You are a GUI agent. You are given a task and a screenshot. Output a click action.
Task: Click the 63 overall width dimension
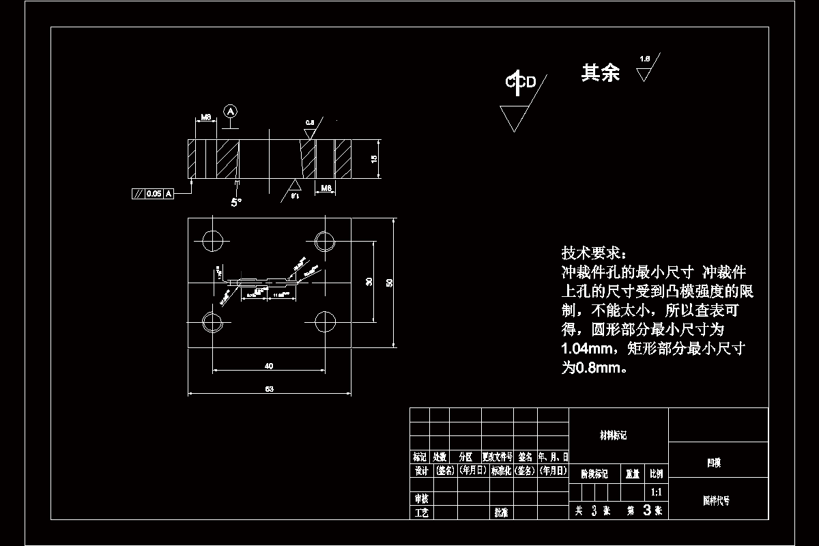click(x=269, y=389)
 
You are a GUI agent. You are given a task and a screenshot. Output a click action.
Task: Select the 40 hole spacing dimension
click(x=269, y=367)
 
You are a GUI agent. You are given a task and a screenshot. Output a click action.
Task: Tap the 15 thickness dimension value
click(x=373, y=159)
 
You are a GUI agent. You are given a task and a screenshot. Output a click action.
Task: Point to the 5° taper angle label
click(x=235, y=202)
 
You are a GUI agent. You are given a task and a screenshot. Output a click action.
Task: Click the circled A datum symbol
click(x=231, y=111)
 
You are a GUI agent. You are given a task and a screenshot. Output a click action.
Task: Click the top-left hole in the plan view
click(x=213, y=240)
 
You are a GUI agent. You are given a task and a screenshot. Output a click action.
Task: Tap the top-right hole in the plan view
click(x=325, y=240)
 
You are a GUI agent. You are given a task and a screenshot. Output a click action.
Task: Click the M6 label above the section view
click(x=205, y=117)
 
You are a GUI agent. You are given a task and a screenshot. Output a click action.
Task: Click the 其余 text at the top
click(x=600, y=73)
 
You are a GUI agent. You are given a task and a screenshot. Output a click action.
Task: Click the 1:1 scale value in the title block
click(x=656, y=491)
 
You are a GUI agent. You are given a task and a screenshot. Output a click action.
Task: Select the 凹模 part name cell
click(x=714, y=463)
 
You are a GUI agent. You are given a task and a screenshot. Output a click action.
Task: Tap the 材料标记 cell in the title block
click(x=612, y=435)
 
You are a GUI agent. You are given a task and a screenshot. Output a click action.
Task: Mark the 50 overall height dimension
click(x=390, y=283)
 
